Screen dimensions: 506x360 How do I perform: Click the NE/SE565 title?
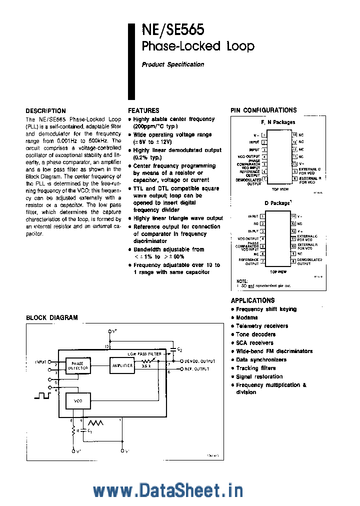[172, 30]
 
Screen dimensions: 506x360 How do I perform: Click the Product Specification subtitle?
[172, 64]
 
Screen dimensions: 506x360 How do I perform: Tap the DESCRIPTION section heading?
[45, 111]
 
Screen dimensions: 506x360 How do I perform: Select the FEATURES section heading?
[143, 110]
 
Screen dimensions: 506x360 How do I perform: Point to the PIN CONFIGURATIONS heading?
[263, 110]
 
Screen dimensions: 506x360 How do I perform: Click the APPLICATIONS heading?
[252, 300]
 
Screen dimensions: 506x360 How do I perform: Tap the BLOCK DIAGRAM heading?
[51, 317]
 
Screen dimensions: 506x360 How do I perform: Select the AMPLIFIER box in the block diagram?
[122, 365]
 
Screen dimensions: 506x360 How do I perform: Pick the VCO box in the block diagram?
[78, 401]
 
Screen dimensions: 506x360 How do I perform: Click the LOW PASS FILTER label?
[144, 353]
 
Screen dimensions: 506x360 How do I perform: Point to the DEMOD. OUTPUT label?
[199, 361]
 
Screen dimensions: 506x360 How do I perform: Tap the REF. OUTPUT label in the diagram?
[197, 369]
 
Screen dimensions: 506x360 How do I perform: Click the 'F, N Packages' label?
[278, 122]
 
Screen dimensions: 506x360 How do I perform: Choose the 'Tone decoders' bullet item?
[255, 334]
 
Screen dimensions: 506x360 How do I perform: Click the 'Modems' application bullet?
[247, 317]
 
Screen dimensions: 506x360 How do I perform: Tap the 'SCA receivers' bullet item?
[254, 343]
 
